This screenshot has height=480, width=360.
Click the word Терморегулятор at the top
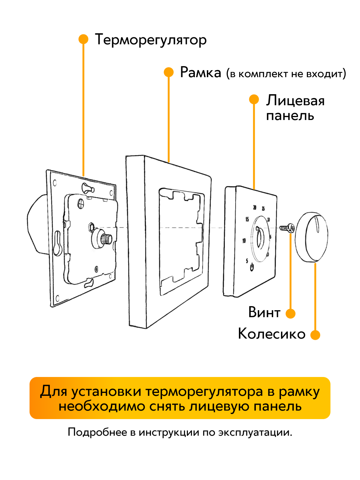(x=151, y=40)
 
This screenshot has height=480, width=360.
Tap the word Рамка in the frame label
(x=200, y=72)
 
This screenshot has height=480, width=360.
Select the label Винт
(x=264, y=312)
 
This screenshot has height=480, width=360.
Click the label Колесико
(x=272, y=334)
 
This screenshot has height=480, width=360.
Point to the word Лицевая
(x=295, y=100)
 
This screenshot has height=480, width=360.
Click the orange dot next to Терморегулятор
(x=83, y=39)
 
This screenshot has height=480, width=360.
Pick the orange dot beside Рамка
(x=169, y=72)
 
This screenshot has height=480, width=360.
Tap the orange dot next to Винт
(x=291, y=313)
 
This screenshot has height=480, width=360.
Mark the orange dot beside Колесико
(x=315, y=335)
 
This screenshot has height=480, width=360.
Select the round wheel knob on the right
(x=311, y=237)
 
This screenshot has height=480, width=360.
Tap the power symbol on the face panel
(x=252, y=267)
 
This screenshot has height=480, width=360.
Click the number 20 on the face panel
(x=255, y=208)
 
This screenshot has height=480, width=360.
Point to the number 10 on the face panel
(x=244, y=241)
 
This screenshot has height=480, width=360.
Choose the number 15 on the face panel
(x=247, y=219)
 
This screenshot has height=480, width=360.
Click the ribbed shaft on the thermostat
(x=106, y=239)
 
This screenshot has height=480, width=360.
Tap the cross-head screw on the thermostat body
(x=81, y=203)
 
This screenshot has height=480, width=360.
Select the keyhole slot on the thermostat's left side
(x=57, y=243)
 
